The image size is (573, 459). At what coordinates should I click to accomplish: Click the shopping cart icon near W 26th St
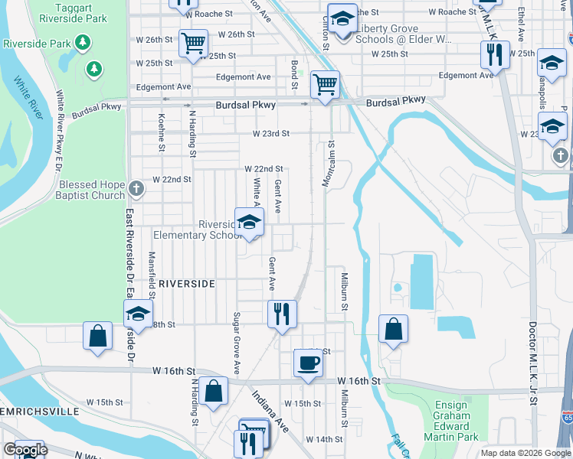pos(193,43)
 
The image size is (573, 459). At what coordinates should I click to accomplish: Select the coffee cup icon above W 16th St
pos(308,363)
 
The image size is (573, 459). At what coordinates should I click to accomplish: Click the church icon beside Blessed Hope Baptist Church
pos(136,187)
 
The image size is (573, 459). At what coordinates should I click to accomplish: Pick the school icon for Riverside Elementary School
pos(249,222)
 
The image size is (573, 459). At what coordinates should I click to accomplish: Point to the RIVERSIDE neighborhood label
pos(187,283)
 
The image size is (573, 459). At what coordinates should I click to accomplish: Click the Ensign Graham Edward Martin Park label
pos(451,421)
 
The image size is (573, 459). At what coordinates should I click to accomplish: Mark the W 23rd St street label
pos(272,133)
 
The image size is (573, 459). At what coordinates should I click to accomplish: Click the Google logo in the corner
pos(25,449)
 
